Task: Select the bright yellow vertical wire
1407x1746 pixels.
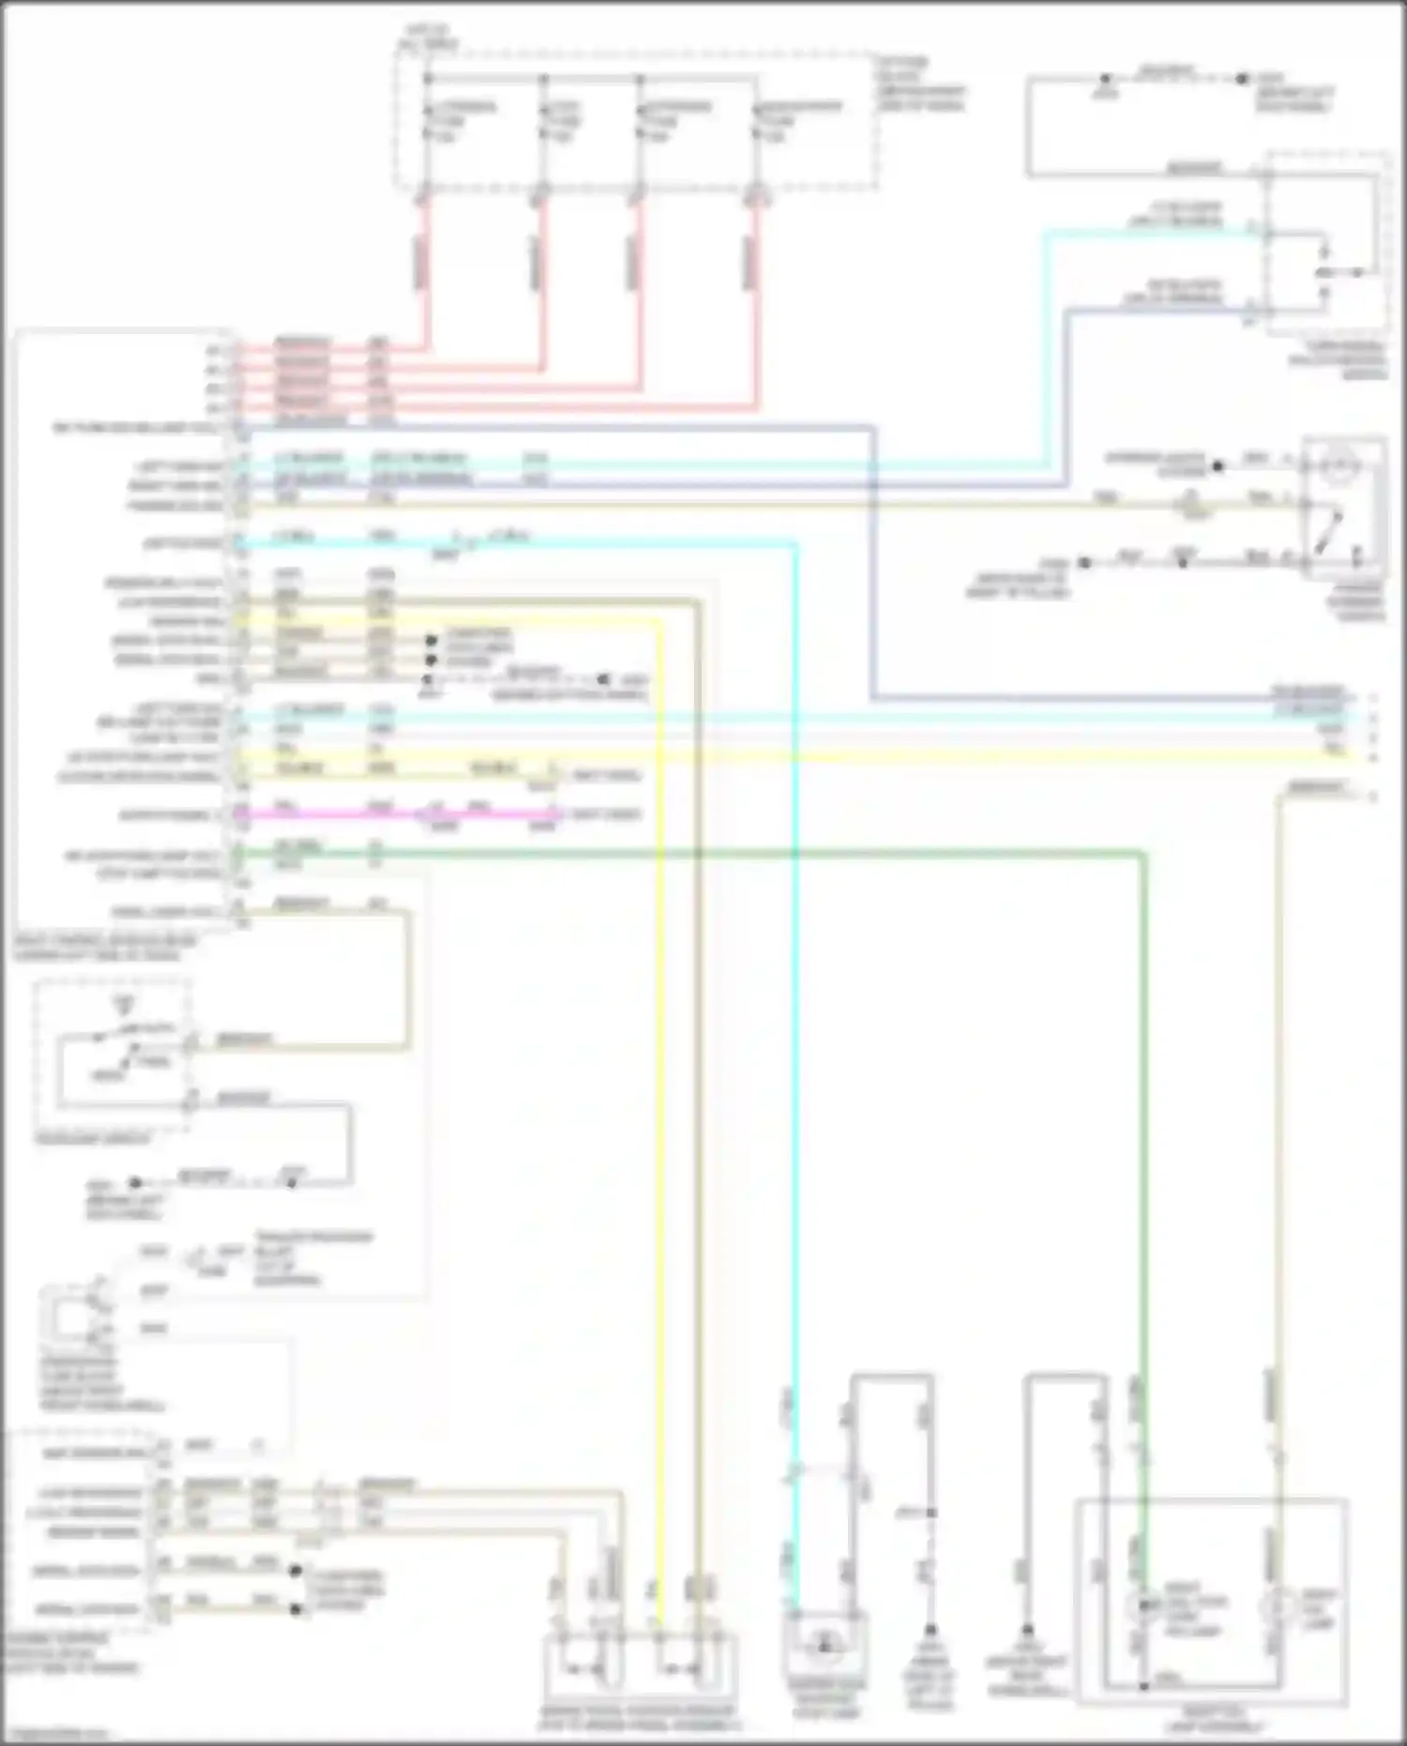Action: click(x=659, y=1126)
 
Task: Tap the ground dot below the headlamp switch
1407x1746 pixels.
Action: click(x=135, y=1183)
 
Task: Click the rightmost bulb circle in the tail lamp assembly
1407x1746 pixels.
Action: click(x=1277, y=1607)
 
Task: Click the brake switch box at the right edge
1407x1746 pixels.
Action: click(x=1343, y=507)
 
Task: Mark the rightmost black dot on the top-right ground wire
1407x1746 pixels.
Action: click(x=1242, y=79)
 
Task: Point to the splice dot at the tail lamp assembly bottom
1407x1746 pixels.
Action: click(x=1143, y=1686)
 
